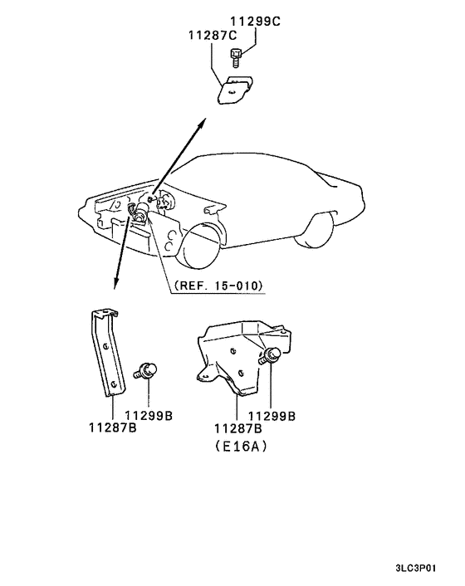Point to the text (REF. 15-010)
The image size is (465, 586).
click(219, 286)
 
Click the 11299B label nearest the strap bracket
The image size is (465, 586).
click(149, 415)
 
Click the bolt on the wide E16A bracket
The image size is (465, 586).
click(269, 357)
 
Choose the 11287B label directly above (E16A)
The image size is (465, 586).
click(238, 429)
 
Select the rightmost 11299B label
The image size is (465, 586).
click(272, 415)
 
